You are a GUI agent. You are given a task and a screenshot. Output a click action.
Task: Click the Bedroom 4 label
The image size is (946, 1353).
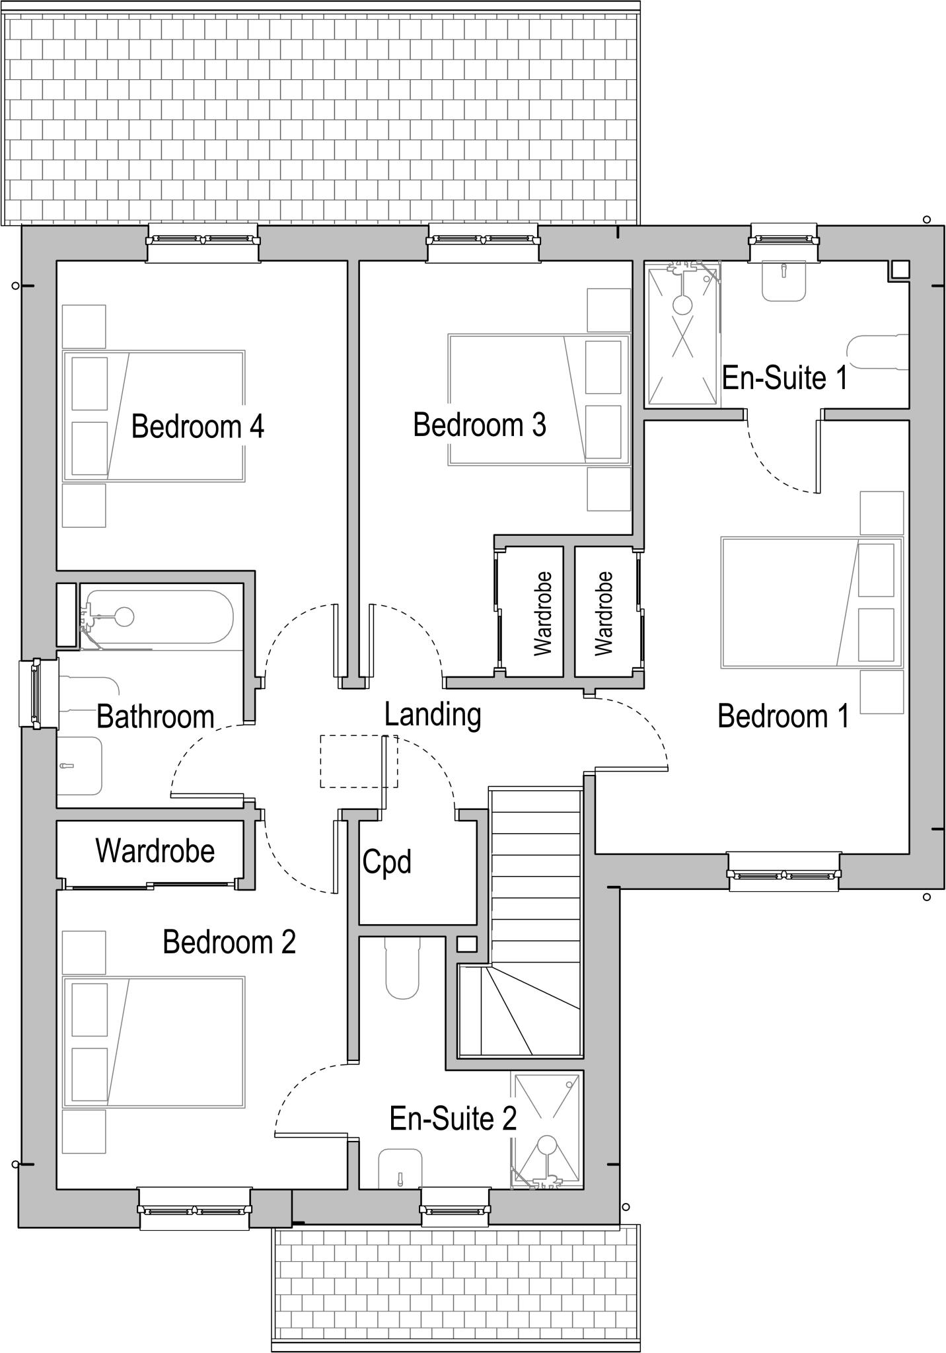[198, 427]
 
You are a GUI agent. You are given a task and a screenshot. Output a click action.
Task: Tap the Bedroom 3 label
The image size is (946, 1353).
[480, 425]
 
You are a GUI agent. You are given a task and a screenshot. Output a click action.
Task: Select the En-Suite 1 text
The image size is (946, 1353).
[784, 378]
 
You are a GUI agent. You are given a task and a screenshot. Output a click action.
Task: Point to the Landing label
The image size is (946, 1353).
[433, 715]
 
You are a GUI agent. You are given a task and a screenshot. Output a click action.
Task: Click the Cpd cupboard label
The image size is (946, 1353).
[387, 861]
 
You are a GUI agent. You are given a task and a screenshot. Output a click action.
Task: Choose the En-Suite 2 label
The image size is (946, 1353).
[453, 1119]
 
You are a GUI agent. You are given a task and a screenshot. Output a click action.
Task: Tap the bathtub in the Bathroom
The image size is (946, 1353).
[159, 617]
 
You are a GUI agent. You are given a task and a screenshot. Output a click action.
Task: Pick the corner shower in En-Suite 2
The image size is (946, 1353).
[548, 1130]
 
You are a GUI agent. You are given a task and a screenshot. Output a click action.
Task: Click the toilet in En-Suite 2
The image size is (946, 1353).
[402, 972]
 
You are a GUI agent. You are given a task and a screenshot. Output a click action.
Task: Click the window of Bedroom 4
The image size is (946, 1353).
[203, 240]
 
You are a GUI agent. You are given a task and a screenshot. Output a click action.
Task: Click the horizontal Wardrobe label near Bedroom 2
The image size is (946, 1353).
[155, 851]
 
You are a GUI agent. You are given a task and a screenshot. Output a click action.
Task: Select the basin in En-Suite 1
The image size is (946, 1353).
[783, 282]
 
